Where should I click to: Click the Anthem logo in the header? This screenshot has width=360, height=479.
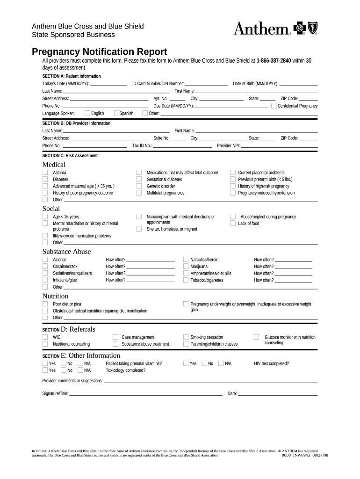pos(275,29)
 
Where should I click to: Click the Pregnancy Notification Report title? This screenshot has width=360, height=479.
pos(99,51)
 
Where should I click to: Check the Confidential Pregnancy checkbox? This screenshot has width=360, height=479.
pos(274,106)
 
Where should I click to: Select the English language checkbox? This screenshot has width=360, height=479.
pos(87,113)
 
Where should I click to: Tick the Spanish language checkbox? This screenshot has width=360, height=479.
pos(116,113)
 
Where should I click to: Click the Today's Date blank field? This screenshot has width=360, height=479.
pos(108,84)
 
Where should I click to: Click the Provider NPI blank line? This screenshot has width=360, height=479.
pos(279,146)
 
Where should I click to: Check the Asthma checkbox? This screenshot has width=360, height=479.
pos(45,173)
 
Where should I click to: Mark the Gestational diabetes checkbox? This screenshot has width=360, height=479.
pos(139,179)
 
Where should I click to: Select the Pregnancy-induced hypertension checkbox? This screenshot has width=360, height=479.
pos(233,193)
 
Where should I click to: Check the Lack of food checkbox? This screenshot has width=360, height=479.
pos(233,224)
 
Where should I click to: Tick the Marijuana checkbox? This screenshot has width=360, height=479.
pos(186,267)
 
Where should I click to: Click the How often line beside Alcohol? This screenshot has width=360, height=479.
pos(151,260)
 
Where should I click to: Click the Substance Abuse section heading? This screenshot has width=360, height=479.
pos(66,252)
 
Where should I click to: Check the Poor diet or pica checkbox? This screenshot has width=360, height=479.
pos(45,304)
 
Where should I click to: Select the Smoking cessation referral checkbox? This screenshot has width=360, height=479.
pos(186,337)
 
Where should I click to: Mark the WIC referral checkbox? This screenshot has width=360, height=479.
pos(45,337)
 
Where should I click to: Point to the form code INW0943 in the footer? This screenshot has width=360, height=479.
pos(302,455)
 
